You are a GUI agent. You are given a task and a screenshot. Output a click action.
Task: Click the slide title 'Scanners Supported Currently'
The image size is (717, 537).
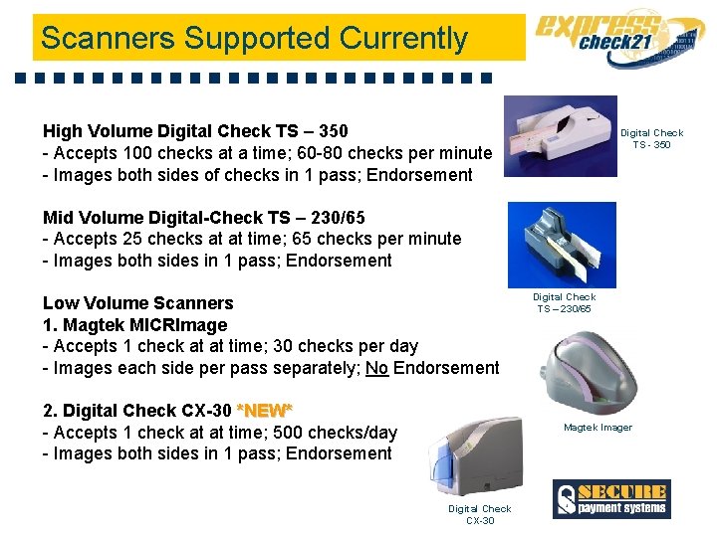point(254,39)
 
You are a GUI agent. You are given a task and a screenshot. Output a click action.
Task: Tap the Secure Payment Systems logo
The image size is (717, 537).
point(611,498)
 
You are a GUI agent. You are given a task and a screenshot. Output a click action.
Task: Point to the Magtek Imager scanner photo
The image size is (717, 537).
point(595,367)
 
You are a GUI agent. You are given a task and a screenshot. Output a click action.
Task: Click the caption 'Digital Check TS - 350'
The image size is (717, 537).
point(652,138)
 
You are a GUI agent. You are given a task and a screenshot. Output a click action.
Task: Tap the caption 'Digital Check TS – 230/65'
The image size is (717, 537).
point(564,302)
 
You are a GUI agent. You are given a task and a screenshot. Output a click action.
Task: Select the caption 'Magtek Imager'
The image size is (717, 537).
point(597,428)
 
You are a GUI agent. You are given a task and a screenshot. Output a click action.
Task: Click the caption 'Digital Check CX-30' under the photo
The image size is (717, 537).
point(479,514)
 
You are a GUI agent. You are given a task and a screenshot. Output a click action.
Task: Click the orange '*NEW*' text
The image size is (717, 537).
point(264,411)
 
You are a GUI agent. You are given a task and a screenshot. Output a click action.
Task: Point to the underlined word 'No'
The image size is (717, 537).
point(376,368)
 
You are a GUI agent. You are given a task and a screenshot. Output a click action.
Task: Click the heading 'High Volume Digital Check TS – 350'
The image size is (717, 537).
point(195,131)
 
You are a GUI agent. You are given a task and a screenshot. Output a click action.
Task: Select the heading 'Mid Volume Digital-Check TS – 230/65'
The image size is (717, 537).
point(203,217)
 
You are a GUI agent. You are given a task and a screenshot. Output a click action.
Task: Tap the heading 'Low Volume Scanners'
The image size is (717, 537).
point(137,303)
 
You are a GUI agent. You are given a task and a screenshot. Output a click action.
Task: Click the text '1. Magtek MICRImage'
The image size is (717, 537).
point(134,325)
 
